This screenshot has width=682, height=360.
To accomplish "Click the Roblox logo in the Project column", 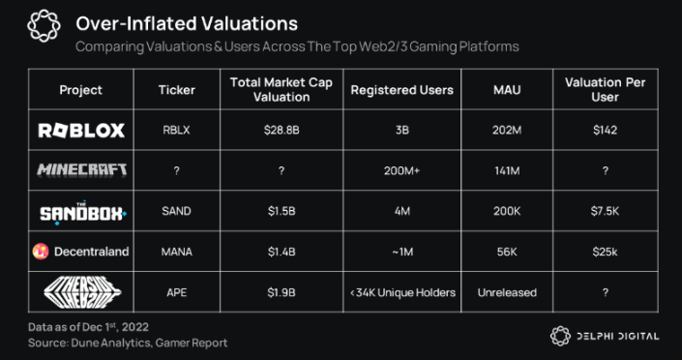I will pyautogui.click(x=80, y=131).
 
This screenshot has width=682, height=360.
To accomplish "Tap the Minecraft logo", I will pyautogui.click(x=80, y=170).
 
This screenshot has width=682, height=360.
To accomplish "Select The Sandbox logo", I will pyautogui.click(x=80, y=211).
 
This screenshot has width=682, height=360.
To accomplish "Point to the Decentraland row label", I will pyautogui.click(x=80, y=252).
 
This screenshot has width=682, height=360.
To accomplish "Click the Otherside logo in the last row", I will pyautogui.click(x=80, y=292).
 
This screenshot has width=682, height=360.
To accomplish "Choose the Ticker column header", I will pyautogui.click(x=176, y=90).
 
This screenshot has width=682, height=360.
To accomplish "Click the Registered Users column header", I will pyautogui.click(x=401, y=90).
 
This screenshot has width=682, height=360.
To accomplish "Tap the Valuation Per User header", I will pyautogui.click(x=606, y=90).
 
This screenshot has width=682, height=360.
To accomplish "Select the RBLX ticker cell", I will pyautogui.click(x=176, y=131).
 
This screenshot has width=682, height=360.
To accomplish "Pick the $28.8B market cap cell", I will pyautogui.click(x=281, y=131).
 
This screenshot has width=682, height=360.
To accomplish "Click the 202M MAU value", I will pyautogui.click(x=505, y=131).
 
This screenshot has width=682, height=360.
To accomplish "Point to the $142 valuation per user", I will pyautogui.click(x=606, y=131).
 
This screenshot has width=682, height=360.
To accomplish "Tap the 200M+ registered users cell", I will pyautogui.click(x=401, y=170).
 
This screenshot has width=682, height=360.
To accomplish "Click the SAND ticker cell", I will pyautogui.click(x=176, y=211).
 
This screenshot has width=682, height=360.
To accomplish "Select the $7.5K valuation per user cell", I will pyautogui.click(x=606, y=211).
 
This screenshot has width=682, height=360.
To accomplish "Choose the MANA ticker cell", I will pyautogui.click(x=176, y=252).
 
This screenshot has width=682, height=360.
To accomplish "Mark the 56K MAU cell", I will pyautogui.click(x=505, y=252).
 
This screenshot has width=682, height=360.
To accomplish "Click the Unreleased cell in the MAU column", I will pyautogui.click(x=505, y=292).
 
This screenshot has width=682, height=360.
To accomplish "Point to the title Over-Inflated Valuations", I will pyautogui.click(x=186, y=22).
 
